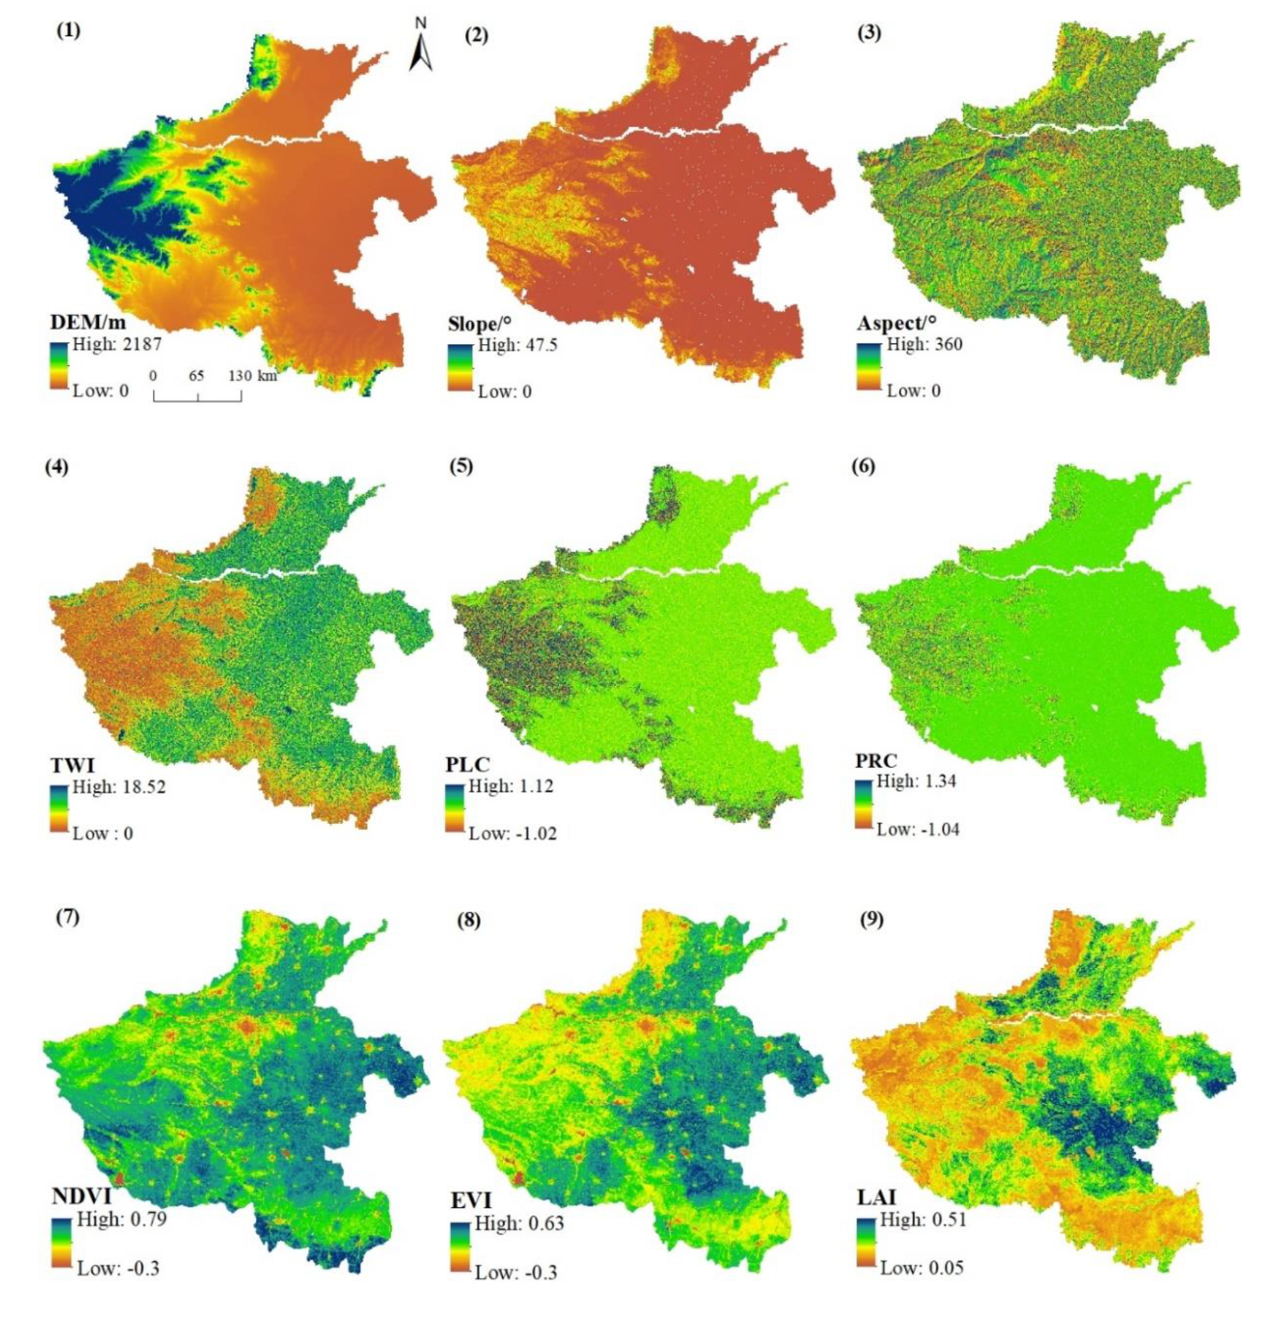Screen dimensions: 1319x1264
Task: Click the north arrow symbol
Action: (x=421, y=48)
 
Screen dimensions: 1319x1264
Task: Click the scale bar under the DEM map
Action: (x=197, y=395)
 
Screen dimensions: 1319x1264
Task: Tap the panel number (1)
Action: (x=69, y=30)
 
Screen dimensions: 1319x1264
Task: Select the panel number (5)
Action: (x=461, y=466)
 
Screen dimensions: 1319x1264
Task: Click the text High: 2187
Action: (x=117, y=344)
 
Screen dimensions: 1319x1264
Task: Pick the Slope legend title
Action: (x=479, y=323)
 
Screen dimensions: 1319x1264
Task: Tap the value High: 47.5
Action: (x=517, y=345)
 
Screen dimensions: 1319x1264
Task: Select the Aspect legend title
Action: (x=896, y=323)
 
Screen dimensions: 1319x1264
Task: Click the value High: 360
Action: (x=924, y=344)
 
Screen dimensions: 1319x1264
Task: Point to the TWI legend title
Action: (x=72, y=765)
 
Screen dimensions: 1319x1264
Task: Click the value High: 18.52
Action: (x=119, y=786)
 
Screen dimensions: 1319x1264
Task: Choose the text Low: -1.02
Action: (x=512, y=833)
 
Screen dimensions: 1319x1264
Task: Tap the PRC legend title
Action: (x=876, y=761)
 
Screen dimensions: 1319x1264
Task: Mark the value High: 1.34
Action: (x=916, y=781)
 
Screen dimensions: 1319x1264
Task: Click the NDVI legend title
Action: (x=82, y=1196)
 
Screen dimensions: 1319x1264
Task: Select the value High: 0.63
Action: (x=519, y=1223)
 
